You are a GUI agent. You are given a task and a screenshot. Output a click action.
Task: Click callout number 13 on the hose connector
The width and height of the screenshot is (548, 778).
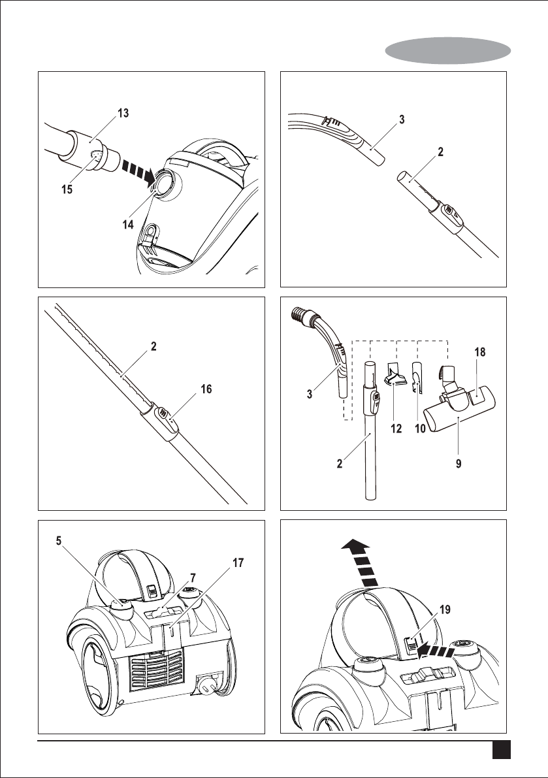(x=122, y=113)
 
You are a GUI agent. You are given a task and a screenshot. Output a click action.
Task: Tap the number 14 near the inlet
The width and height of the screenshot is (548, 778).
(x=128, y=224)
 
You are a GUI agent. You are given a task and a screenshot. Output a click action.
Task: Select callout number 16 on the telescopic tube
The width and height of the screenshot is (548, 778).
(x=206, y=389)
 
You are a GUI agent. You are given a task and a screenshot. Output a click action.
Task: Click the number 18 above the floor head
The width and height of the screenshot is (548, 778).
(x=481, y=352)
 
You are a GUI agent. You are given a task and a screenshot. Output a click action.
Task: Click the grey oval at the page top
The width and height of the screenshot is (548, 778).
(x=448, y=50)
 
